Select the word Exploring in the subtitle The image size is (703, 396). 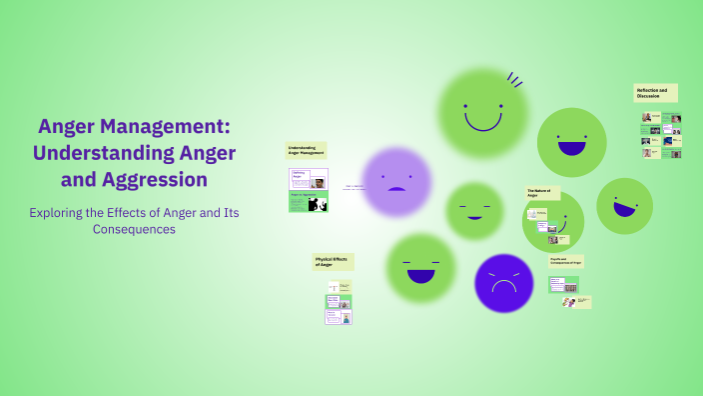pos(60,212)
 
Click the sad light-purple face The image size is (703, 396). pos(395,182)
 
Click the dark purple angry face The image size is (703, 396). pos(504,283)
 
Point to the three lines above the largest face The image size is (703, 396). pos(514,79)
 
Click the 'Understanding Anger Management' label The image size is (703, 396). pos(306,151)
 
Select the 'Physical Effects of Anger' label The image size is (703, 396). pos(333,262)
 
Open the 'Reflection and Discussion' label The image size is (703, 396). pos(655,93)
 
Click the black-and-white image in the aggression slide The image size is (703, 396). pos(319,205)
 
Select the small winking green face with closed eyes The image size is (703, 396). pos(474,211)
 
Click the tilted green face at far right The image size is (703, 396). pos(625,206)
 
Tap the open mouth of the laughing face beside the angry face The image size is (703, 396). pos(421,274)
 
